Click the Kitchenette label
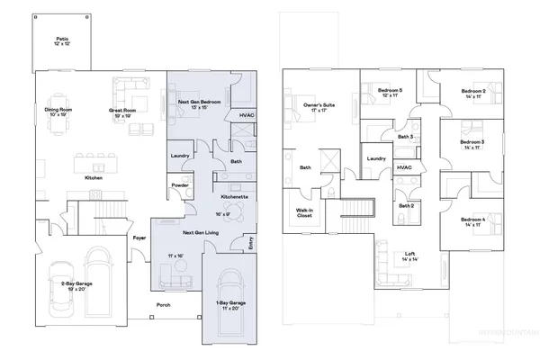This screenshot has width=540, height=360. [x=234, y=196]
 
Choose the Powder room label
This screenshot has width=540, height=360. [x=179, y=186]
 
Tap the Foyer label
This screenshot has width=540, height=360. [x=140, y=238]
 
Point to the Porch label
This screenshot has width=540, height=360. [x=164, y=304]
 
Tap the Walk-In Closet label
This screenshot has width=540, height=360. [x=304, y=213]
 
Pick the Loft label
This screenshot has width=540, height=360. [x=410, y=255]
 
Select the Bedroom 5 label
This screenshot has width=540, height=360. [x=390, y=92]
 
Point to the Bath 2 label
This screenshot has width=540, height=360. [x=405, y=206]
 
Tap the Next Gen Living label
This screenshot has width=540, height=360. [x=201, y=232]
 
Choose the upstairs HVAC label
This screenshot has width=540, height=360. [x=404, y=167]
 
